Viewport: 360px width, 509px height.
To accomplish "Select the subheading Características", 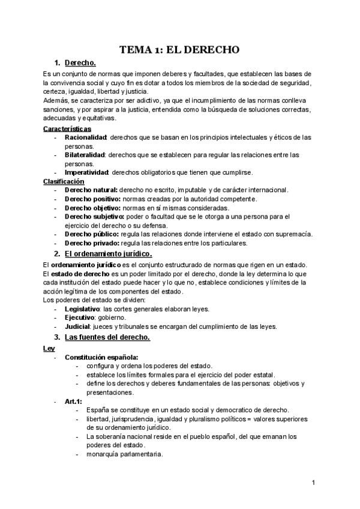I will pos(67,128).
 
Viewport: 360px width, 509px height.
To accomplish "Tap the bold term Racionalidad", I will pos(85,137).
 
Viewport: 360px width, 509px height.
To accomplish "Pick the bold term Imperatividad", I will pos(87,172).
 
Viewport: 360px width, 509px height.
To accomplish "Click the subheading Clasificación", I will pos(64,181).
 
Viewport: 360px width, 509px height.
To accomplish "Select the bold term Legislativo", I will pos(83,309).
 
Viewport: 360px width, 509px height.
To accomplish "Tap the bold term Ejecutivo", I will pos(79,318).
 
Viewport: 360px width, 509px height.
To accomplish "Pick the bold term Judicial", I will pos(77,327).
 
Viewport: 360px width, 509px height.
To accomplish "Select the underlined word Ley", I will pos(49,348).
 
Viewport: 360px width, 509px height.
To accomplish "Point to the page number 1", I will pos(314,483).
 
